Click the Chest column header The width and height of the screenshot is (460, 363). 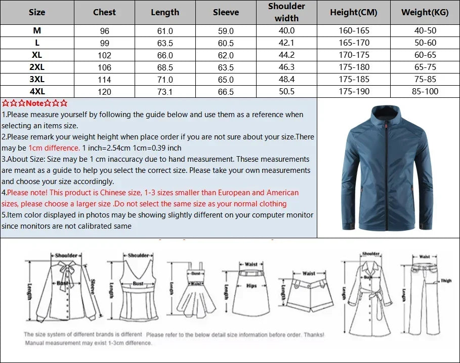click(104, 12)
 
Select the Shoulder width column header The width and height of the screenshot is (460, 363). click(286, 12)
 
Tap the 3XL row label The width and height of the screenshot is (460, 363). click(37, 80)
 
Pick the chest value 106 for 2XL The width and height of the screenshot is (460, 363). click(104, 67)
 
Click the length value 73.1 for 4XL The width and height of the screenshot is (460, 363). click(165, 92)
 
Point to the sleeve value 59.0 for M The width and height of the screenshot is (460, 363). click(226, 31)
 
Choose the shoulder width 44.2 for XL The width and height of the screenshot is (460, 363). click(286, 55)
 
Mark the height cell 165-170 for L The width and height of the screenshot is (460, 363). click(354, 43)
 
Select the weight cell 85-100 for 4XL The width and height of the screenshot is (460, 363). click(425, 92)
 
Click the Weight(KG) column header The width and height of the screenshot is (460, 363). click(425, 12)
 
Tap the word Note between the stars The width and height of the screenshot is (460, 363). click(35, 103)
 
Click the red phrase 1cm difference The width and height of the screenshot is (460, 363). click(54, 148)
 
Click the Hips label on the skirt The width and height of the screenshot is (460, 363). click(252, 286)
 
